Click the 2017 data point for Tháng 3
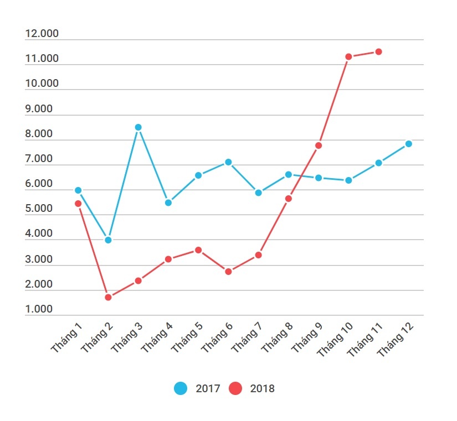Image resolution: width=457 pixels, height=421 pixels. pos(138,127)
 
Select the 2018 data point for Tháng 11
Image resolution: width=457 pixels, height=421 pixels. pos(378,51)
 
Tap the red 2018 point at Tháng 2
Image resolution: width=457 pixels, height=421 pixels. pos(108,297)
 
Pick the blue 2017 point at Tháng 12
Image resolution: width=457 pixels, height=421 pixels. pos(408,144)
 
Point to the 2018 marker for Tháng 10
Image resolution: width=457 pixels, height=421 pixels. pos(348,56)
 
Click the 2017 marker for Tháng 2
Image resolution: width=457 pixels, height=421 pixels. pos(108,240)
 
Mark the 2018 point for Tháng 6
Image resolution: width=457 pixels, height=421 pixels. pos(228,272)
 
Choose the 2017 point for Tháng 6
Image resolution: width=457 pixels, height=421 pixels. pos(228,162)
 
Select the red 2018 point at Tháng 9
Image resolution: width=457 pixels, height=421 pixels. pos(319,145)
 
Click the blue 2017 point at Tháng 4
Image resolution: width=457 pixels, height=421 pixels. pos(168,202)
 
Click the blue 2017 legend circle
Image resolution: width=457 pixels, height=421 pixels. pos(181,388)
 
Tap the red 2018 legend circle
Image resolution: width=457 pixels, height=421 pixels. pos(235,388)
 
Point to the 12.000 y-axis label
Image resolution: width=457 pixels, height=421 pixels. pos(42,34)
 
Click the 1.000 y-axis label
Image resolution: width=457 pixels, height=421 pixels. pos(39,310)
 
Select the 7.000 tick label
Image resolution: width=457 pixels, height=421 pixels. pos(39,159)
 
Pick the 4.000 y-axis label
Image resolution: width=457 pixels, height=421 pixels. pos(39,234)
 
